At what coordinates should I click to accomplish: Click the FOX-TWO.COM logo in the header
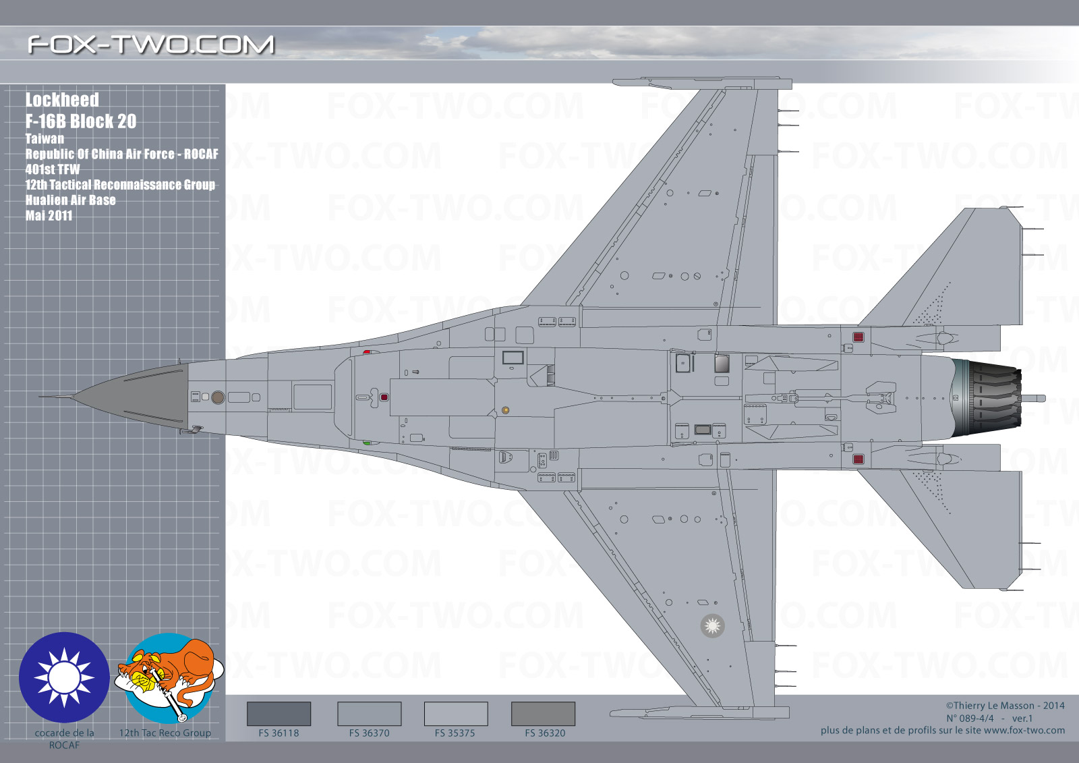(x=151, y=45)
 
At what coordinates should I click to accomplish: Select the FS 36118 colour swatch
(x=279, y=713)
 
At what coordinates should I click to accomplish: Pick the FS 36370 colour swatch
(x=370, y=713)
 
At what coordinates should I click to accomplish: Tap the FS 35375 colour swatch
(x=456, y=713)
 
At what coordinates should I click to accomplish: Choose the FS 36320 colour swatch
(x=543, y=713)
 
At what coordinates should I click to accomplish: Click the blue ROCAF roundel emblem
(x=64, y=677)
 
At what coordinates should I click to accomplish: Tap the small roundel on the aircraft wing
(x=712, y=626)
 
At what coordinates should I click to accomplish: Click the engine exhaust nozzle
(x=987, y=397)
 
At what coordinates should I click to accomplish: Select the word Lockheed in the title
(x=62, y=100)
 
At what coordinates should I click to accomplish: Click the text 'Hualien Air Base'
(x=70, y=200)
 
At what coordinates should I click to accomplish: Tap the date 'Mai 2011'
(x=49, y=215)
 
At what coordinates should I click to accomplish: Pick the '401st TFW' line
(x=53, y=169)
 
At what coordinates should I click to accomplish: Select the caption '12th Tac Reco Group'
(x=165, y=733)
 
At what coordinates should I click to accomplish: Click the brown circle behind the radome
(x=218, y=397)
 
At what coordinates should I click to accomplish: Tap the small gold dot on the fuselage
(x=505, y=410)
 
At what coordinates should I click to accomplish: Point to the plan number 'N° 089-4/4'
(x=970, y=718)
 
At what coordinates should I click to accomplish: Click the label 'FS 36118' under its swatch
(x=279, y=733)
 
